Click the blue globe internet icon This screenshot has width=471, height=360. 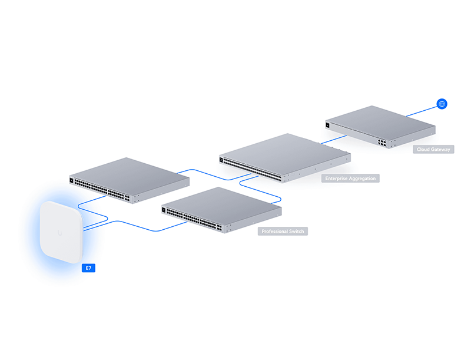(442, 104)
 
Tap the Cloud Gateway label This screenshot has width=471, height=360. (433, 150)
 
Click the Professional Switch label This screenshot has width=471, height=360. (283, 232)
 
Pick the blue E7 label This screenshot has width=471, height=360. (88, 269)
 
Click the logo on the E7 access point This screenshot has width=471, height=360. (59, 233)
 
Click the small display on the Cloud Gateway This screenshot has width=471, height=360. (327, 124)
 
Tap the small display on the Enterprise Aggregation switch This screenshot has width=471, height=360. (221, 159)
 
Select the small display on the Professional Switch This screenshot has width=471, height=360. (164, 209)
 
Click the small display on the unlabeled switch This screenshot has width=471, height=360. (72, 180)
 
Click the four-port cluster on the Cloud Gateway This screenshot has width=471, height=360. (383, 143)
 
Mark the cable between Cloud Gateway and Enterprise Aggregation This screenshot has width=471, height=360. (333, 139)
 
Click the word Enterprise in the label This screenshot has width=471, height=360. (336, 178)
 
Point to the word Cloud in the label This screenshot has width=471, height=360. (423, 150)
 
